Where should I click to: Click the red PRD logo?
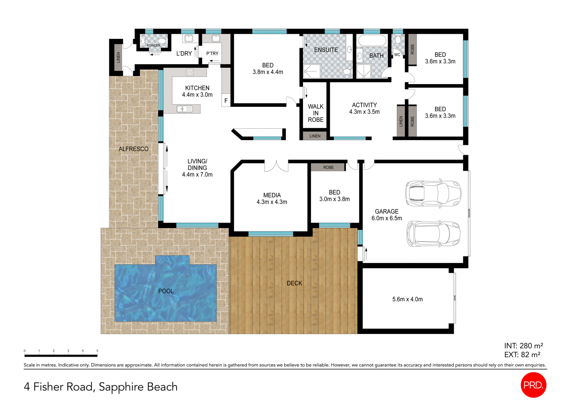click(533, 385)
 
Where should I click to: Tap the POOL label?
click(166, 291)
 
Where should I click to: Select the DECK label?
click(294, 283)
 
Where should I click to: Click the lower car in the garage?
click(433, 234)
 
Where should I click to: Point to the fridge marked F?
click(226, 101)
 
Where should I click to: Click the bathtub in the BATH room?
click(372, 40)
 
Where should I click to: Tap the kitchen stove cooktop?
click(190, 72)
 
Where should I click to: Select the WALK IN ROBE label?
click(316, 113)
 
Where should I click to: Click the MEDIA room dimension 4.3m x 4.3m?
click(272, 202)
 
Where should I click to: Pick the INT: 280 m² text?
click(524, 346)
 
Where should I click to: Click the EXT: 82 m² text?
click(522, 355)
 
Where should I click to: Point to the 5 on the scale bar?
click(97, 351)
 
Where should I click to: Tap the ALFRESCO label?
click(133, 149)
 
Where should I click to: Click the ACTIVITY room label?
click(364, 105)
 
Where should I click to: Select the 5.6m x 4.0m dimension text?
click(408, 299)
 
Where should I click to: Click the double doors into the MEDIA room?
click(276, 166)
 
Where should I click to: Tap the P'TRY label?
click(212, 53)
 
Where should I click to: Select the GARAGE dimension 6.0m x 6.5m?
click(386, 218)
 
